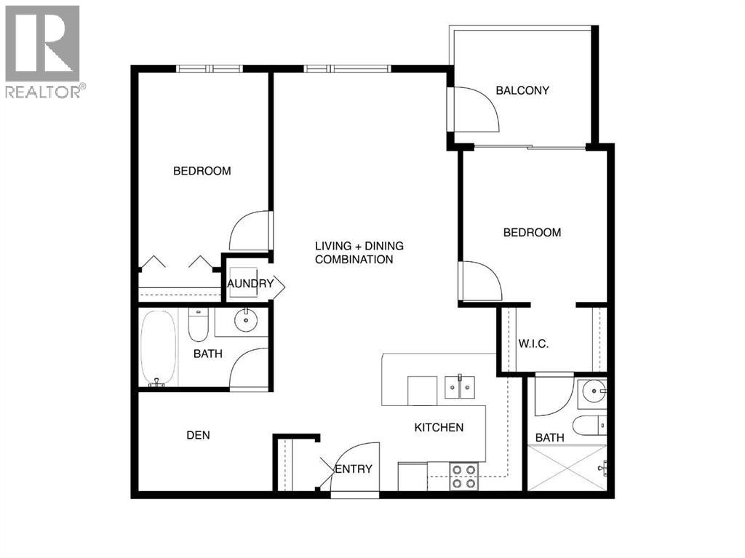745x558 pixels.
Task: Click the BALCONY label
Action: (522, 91)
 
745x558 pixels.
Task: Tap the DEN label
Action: (198, 435)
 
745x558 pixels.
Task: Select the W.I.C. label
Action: (533, 343)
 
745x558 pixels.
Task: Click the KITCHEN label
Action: (439, 428)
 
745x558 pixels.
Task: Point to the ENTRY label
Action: (355, 469)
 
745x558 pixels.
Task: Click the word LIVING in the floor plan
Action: (332, 246)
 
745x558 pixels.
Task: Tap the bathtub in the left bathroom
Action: (159, 348)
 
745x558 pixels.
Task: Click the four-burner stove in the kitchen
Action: (463, 476)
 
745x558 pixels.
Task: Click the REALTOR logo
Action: (43, 51)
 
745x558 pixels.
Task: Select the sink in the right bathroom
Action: (595, 391)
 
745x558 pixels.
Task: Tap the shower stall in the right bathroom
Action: (567, 468)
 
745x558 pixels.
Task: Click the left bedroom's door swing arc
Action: (249, 230)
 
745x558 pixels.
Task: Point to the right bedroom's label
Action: (533, 233)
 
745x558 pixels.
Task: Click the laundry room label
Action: (250, 284)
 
